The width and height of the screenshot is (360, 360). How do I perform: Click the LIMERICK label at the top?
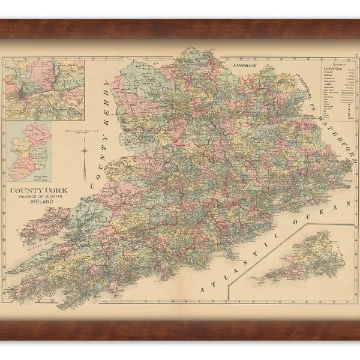coord(245,65)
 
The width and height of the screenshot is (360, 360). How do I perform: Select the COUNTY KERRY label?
coord(101,130)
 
